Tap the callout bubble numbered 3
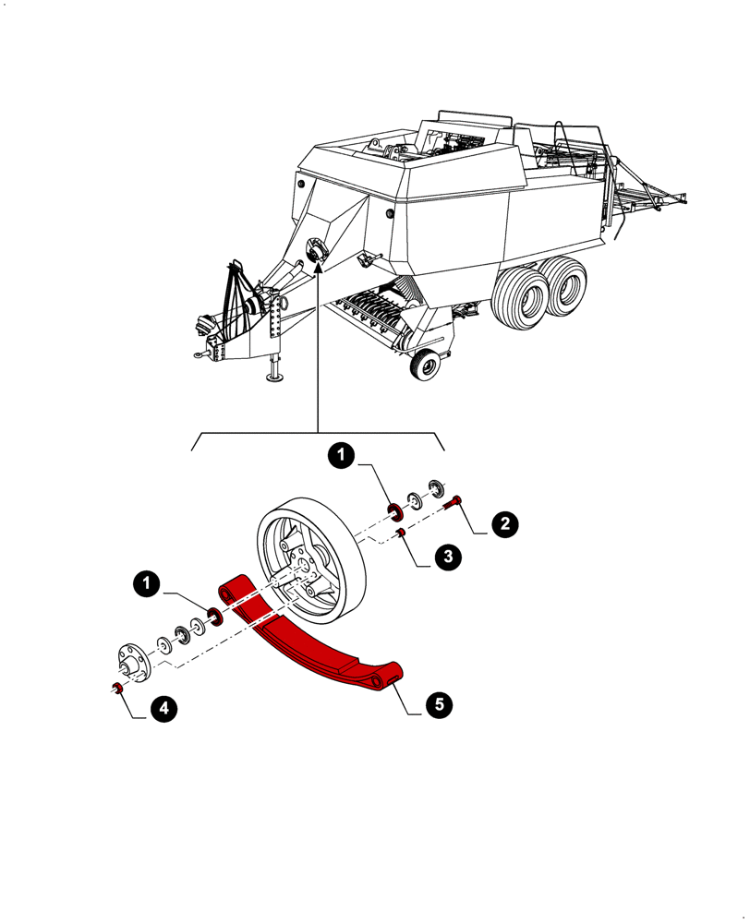446,557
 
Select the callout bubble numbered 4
162,709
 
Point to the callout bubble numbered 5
439,705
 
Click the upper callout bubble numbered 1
342,455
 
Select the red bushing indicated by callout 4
118,687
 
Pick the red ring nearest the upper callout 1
393,510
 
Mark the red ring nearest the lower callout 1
216,616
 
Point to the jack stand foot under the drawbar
274,376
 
